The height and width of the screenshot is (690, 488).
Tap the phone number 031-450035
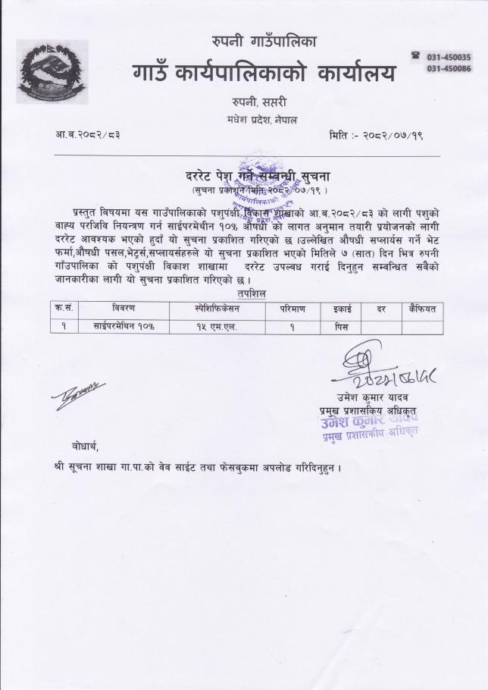pyautogui.click(x=449, y=57)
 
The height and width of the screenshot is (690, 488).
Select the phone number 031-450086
pyautogui.click(x=449, y=68)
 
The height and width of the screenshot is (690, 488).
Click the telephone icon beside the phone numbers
pyautogui.click(x=415, y=56)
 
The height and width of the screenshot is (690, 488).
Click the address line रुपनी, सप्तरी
pyautogui.click(x=260, y=102)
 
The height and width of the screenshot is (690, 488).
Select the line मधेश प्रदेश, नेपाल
pyautogui.click(x=260, y=119)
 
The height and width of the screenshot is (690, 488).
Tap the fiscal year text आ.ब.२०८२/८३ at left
pyautogui.click(x=88, y=134)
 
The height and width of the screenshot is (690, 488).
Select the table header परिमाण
pyautogui.click(x=291, y=309)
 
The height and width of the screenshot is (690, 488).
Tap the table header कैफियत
pyautogui.click(x=421, y=309)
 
